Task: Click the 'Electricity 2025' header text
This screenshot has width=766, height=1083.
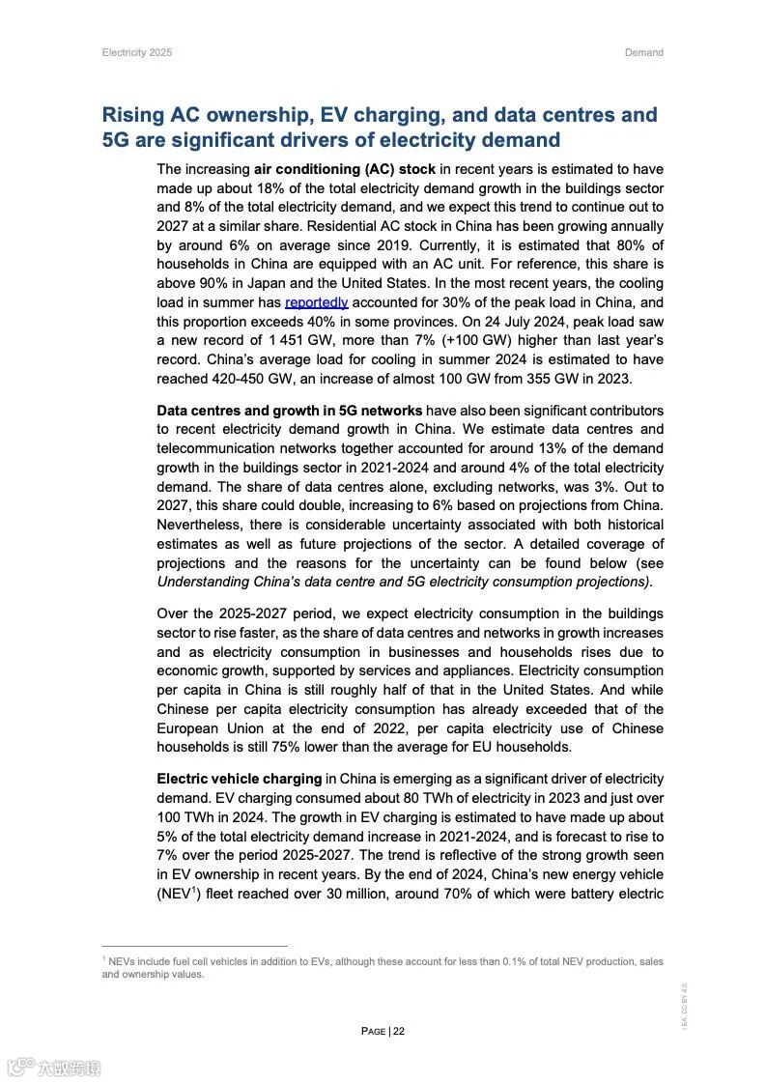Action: (136, 52)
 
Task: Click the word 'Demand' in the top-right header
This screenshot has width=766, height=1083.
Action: (643, 52)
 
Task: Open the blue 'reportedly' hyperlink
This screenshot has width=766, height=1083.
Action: (316, 302)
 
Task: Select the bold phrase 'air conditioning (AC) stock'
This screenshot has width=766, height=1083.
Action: (344, 169)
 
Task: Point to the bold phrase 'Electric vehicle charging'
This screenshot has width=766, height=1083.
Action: (239, 779)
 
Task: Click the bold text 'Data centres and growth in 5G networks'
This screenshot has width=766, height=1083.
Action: (289, 411)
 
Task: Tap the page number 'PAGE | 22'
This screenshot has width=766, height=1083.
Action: (383, 1031)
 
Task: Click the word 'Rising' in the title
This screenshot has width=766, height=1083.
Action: (132, 115)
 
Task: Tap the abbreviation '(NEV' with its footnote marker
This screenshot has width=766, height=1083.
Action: (176, 894)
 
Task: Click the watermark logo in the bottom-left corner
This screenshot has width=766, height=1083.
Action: (53, 1067)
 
